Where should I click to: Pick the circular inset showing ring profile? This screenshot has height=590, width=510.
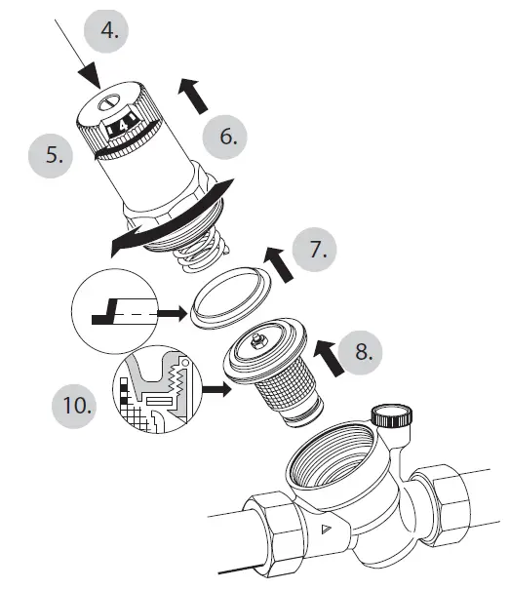pyautogui.click(x=115, y=314)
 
